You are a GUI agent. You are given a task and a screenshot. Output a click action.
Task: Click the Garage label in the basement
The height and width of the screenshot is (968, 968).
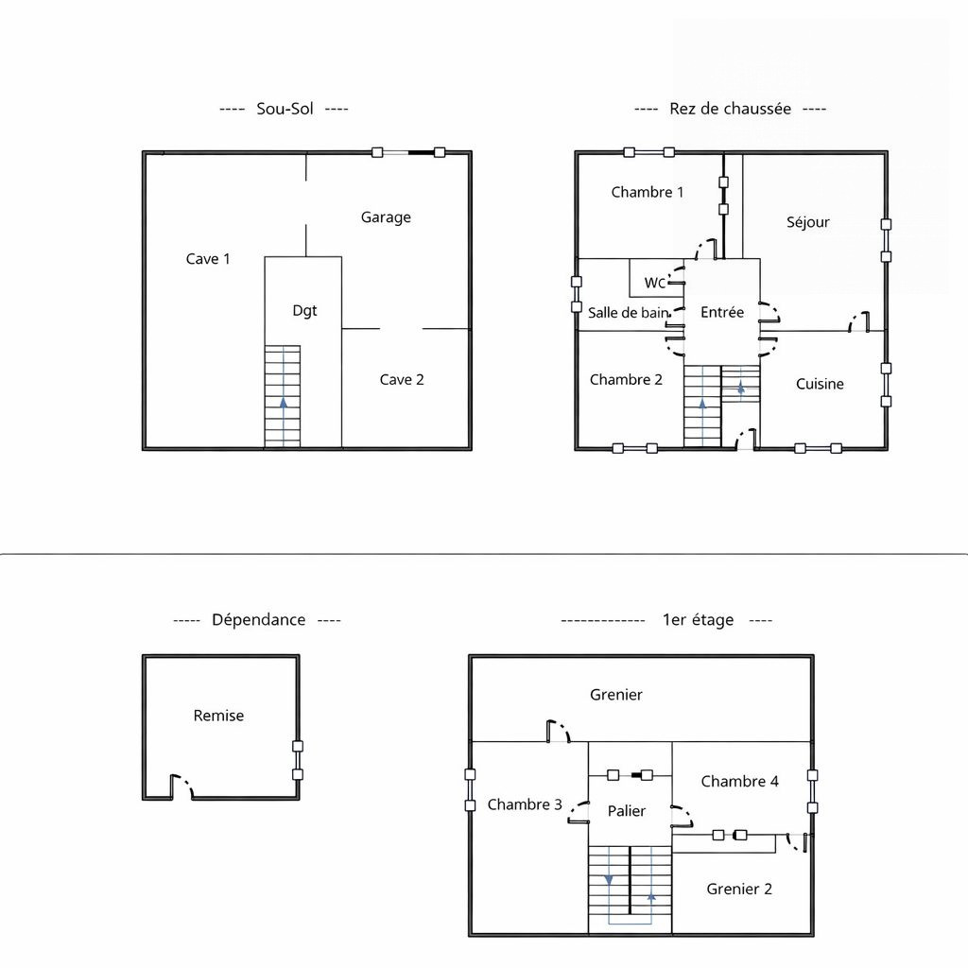coord(386,217)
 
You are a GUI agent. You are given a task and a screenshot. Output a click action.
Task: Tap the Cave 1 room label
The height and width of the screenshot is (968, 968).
coord(208,259)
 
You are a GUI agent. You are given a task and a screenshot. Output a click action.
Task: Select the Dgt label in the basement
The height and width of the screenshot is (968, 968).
coord(304,310)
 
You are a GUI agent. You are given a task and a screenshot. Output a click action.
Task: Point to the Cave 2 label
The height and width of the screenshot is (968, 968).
coord(402,380)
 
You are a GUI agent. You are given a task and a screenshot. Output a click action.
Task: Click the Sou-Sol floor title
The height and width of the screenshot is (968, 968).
coord(285,109)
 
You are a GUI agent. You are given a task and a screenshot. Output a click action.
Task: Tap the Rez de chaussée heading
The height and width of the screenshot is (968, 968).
coord(731,109)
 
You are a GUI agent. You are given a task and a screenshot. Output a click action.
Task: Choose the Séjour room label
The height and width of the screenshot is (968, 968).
coord(808,222)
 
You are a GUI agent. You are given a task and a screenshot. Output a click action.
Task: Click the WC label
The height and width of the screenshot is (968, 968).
coord(654,283)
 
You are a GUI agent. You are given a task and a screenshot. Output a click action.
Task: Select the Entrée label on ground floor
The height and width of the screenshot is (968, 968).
coord(722,312)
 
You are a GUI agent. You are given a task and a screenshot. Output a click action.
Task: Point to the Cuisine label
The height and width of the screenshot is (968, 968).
coord(820,384)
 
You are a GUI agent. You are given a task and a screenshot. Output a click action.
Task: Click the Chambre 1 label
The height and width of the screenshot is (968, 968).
coord(648,192)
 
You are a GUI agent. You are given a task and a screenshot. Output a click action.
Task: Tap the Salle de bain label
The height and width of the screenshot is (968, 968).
coord(628,312)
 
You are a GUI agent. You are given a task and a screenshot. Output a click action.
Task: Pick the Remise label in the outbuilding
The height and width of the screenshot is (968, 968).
coord(218,716)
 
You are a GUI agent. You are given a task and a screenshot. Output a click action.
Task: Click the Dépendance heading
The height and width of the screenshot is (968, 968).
coord(259,620)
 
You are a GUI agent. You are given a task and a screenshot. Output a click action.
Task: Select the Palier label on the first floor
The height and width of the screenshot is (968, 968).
coord(627,811)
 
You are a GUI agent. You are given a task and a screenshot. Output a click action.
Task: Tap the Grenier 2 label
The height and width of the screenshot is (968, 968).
coord(739,889)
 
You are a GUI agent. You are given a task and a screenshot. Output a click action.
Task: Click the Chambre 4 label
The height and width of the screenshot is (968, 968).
coord(739,782)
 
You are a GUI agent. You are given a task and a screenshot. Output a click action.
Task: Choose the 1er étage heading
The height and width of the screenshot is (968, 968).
coord(699,620)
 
